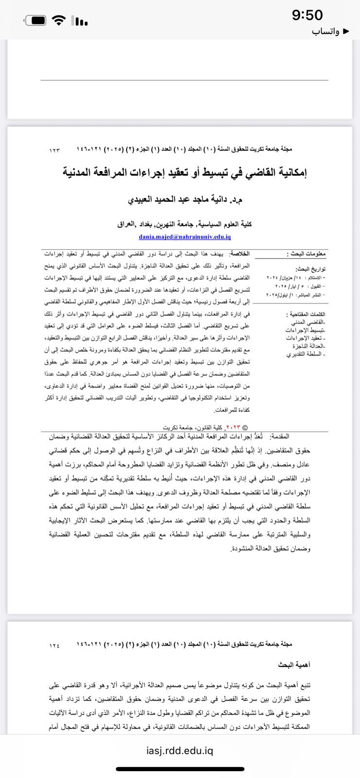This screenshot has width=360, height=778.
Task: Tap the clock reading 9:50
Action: point(307,15)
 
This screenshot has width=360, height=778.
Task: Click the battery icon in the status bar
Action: point(36,20)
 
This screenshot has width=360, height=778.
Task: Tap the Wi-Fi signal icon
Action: point(59,20)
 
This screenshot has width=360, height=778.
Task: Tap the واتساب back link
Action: point(330,31)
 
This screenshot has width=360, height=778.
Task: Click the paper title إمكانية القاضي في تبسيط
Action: point(185,172)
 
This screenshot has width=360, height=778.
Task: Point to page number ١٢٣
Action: point(54,150)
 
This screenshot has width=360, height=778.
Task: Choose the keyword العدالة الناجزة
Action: point(308,346)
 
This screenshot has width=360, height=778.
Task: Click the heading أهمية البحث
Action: point(294,664)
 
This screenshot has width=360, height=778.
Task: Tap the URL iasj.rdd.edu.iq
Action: point(180,750)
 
